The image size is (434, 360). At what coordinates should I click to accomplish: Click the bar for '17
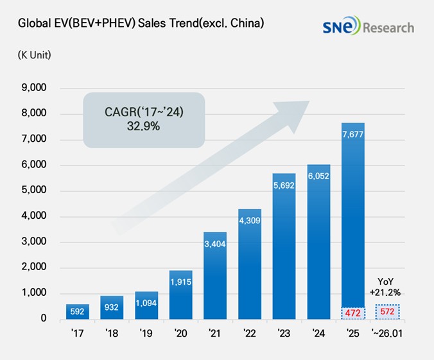tap(78, 311)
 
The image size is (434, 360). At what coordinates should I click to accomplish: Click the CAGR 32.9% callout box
tap(143, 120)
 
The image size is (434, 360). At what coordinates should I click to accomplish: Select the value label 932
tap(112, 307)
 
